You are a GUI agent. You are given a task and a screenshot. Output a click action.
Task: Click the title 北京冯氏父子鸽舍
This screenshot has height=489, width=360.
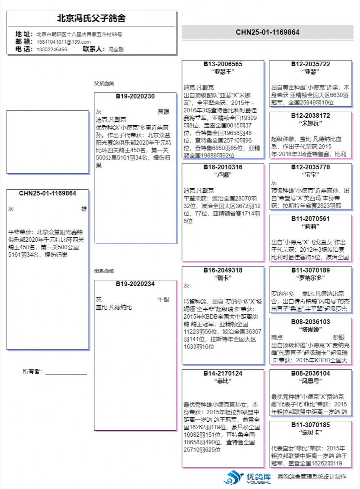(91, 18)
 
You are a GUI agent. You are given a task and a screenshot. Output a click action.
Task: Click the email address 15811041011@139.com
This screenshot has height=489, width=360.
(63, 42)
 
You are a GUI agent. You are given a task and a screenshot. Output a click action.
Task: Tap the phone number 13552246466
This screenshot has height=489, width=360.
(51, 49)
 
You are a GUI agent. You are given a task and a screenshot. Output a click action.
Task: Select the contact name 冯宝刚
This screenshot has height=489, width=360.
(116, 49)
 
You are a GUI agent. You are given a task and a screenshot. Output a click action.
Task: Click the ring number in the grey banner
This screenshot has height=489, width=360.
(267, 32)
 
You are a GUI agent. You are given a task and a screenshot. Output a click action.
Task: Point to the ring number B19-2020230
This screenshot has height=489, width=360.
(135, 97)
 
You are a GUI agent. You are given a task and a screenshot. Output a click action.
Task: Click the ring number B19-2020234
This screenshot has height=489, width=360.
(135, 284)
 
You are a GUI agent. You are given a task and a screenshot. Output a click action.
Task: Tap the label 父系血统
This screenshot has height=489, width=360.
(104, 84)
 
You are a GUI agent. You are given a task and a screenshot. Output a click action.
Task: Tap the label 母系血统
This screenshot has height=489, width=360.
(104, 271)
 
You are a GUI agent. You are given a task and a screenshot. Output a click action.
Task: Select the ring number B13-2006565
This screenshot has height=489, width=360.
(223, 64)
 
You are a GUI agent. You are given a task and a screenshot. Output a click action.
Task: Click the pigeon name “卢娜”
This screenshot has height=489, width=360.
(223, 175)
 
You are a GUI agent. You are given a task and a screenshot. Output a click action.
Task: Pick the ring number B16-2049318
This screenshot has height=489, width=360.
(223, 270)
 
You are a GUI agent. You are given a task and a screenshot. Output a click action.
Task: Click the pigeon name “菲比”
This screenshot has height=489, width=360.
(223, 381)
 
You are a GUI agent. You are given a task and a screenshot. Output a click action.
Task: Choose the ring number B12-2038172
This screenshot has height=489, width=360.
(310, 116)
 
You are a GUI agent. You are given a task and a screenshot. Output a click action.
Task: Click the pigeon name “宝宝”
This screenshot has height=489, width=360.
(310, 175)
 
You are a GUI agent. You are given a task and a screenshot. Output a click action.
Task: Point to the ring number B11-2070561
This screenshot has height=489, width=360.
(310, 219)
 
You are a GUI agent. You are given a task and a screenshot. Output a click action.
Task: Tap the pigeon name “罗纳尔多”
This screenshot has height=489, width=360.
(310, 278)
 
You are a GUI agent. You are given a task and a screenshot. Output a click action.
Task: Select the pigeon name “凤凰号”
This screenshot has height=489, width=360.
(310, 381)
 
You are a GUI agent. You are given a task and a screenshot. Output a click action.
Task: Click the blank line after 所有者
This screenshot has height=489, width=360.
(66, 372)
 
